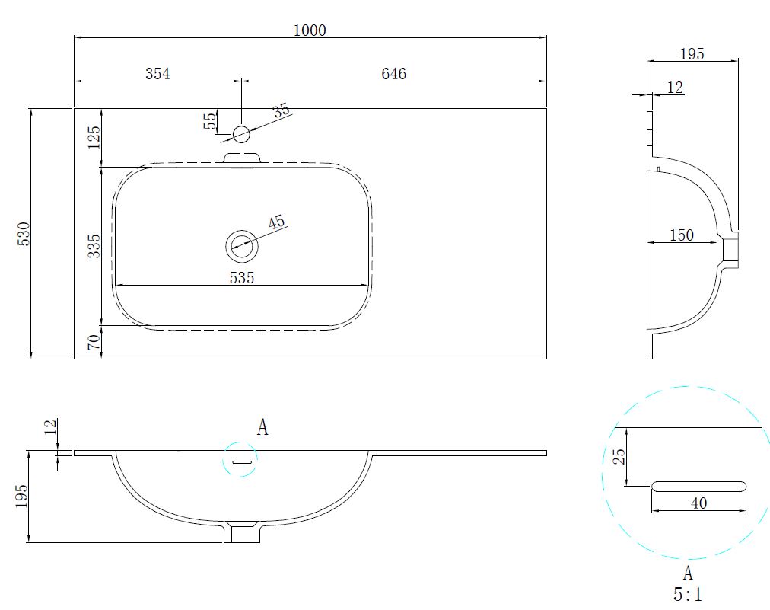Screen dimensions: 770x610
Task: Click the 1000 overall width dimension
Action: (x=310, y=30)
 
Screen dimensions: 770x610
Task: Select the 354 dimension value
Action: (x=157, y=74)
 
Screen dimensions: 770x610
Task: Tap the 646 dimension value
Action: (x=394, y=74)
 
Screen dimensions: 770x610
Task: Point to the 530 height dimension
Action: (x=24, y=234)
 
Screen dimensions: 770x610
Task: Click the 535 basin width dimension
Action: (x=242, y=278)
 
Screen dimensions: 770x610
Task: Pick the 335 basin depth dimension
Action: (x=94, y=246)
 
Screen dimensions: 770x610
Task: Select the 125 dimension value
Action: (x=94, y=138)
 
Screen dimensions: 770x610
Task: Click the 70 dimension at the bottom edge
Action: (x=94, y=342)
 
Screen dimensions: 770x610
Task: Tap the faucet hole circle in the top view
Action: (x=241, y=134)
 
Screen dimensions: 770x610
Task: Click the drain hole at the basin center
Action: (x=242, y=245)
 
